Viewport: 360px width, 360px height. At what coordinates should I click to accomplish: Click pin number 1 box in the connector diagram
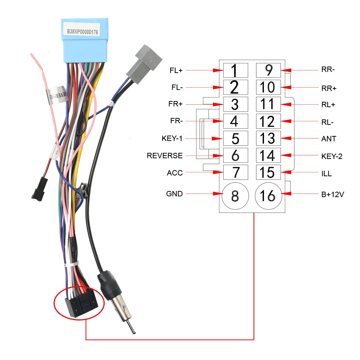[236, 70]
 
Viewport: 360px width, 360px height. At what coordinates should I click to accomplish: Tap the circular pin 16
[268, 196]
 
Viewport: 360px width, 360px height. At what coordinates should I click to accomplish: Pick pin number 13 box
[268, 138]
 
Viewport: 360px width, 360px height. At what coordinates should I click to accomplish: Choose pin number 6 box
[236, 155]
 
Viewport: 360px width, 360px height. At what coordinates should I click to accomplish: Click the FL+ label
[176, 70]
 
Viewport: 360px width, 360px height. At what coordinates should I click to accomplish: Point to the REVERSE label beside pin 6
[165, 156]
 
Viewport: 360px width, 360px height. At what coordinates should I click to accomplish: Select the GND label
[174, 194]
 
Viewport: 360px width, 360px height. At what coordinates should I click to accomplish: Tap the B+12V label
[333, 195]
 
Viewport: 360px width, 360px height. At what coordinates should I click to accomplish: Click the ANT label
[329, 139]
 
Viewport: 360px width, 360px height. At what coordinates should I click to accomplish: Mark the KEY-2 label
[332, 156]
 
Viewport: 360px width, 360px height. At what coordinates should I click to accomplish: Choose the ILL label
[327, 174]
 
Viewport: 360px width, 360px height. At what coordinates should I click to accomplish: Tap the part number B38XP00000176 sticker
[82, 32]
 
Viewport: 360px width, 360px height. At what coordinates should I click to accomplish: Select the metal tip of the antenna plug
[131, 325]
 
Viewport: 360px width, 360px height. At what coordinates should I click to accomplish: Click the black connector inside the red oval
[81, 304]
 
